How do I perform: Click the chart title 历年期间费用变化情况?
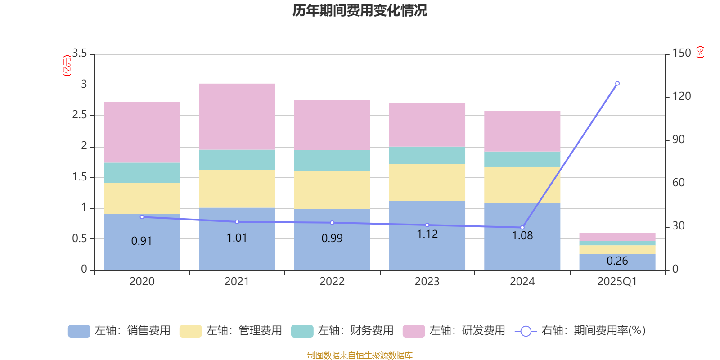click(360, 10)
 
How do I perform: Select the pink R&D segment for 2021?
click(237, 117)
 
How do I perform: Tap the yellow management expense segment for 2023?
click(427, 182)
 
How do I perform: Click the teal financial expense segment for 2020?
click(142, 173)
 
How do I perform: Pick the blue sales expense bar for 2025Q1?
click(617, 262)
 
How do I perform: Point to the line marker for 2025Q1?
click(617, 83)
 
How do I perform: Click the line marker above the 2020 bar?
click(142, 217)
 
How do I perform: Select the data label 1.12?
click(427, 234)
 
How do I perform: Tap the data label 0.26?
click(617, 261)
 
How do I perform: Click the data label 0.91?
click(142, 241)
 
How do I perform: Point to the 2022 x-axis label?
click(332, 282)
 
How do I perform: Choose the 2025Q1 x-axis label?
click(617, 282)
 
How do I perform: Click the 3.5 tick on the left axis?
click(80, 54)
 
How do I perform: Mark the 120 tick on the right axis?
click(682, 96)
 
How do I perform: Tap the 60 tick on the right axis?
click(679, 183)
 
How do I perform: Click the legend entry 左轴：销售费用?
click(119, 331)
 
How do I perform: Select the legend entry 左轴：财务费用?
click(342, 331)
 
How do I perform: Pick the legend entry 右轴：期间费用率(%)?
click(580, 331)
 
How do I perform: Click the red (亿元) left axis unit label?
click(67, 66)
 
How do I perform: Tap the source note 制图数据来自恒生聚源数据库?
click(360, 355)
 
